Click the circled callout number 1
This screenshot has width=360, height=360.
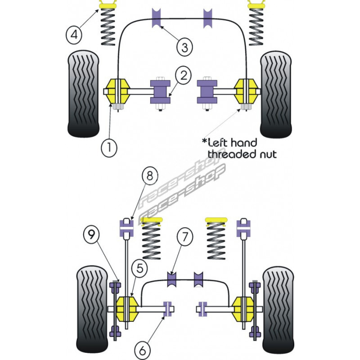[x=109, y=146]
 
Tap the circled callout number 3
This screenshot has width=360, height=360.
[x=185, y=45]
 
